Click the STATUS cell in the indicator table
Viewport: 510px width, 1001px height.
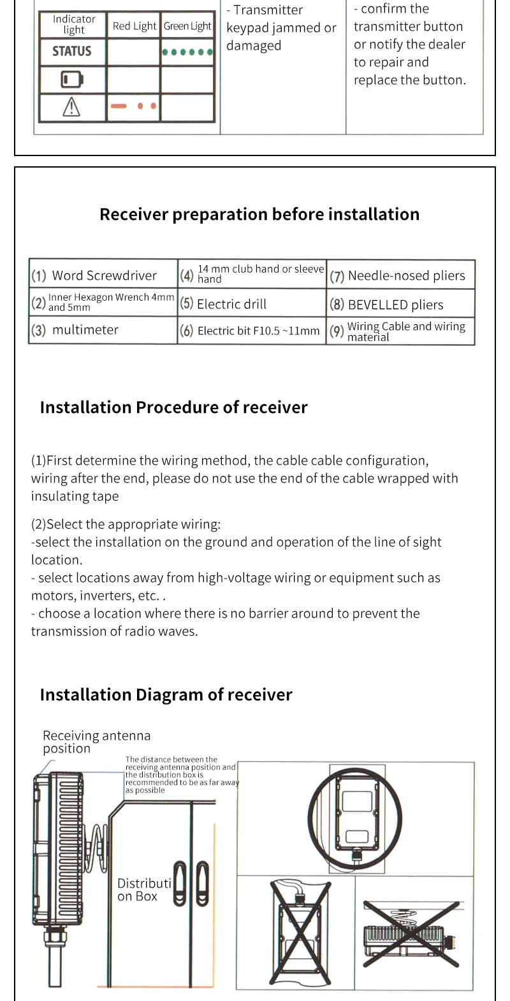pyautogui.click(x=72, y=51)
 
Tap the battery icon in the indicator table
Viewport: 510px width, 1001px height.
pyautogui.click(x=72, y=80)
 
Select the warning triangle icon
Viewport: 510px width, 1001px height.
pyautogui.click(x=71, y=107)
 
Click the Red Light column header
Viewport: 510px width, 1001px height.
pyautogui.click(x=134, y=26)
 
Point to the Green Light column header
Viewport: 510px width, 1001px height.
pyautogui.click(x=187, y=26)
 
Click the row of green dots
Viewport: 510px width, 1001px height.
pyautogui.click(x=187, y=52)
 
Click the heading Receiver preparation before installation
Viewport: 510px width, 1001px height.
pyautogui.click(x=259, y=214)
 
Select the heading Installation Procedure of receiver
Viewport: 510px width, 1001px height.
pyautogui.click(x=173, y=407)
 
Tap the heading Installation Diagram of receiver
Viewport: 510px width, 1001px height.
pyautogui.click(x=166, y=695)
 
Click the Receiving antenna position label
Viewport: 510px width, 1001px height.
pyautogui.click(x=96, y=742)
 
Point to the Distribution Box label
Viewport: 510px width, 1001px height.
pyautogui.click(x=144, y=889)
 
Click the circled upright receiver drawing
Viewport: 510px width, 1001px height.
pyautogui.click(x=354, y=819)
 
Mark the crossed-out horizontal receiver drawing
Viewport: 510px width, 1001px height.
pyautogui.click(x=411, y=934)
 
